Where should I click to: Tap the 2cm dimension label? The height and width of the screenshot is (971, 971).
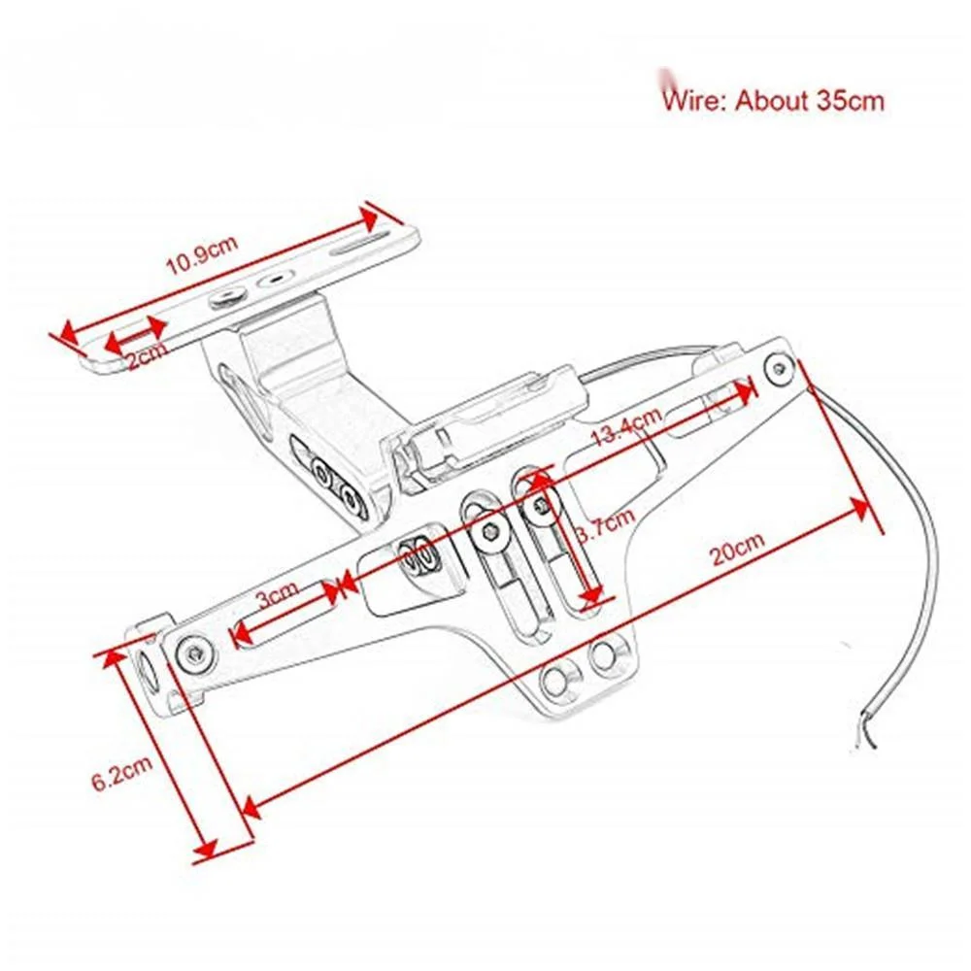pos(147,357)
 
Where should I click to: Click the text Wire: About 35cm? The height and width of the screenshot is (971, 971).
pos(773,100)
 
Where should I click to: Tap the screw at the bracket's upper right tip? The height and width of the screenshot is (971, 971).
pos(778,367)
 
